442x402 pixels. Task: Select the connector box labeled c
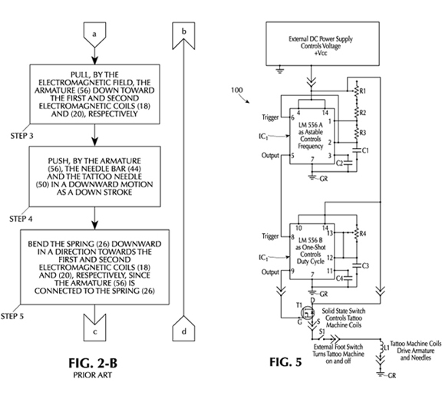pyautogui.click(x=94, y=328)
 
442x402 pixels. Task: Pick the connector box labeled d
pyautogui.click(x=183, y=328)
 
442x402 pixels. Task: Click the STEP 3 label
pyautogui.click(x=21, y=136)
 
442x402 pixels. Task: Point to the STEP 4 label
pyautogui.click(x=21, y=219)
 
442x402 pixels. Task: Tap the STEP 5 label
pyautogui.click(x=12, y=316)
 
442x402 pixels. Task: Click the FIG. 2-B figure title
pyautogui.click(x=93, y=363)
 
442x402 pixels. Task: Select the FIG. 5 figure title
pyautogui.click(x=285, y=362)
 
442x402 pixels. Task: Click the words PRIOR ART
pyautogui.click(x=92, y=375)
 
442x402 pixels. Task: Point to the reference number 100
pyautogui.click(x=237, y=90)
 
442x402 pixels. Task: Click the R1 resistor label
pyautogui.click(x=362, y=91)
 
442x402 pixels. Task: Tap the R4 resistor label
pyautogui.click(x=362, y=234)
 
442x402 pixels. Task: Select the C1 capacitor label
pyautogui.click(x=365, y=150)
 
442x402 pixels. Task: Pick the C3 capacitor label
pyautogui.click(x=365, y=266)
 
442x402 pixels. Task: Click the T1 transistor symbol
pyautogui.click(x=307, y=313)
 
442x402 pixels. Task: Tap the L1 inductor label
pyautogui.click(x=386, y=348)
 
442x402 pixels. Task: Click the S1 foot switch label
pyautogui.click(x=322, y=331)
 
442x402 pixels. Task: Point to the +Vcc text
pyautogui.click(x=321, y=53)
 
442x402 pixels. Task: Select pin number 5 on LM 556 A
pyautogui.click(x=293, y=156)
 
